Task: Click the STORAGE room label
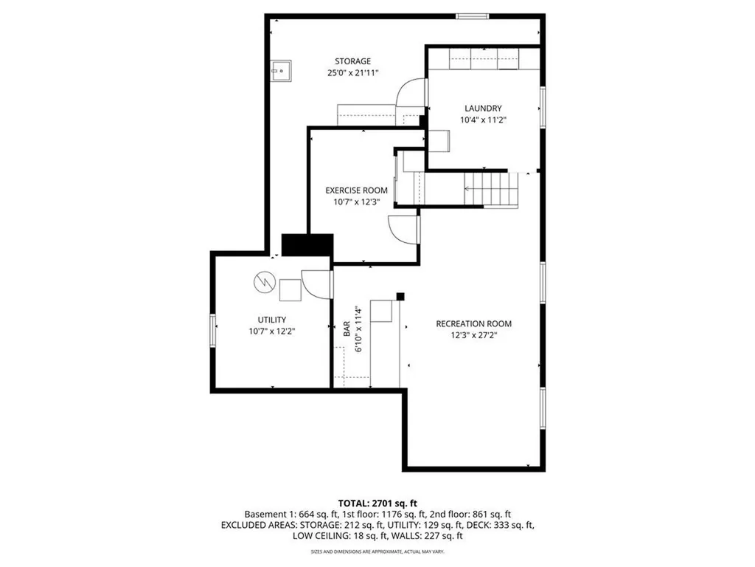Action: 352,61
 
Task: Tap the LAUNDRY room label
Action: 483,108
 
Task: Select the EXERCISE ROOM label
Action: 356,190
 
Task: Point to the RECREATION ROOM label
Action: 473,323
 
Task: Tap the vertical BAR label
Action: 346,330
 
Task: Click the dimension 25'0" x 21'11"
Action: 352,73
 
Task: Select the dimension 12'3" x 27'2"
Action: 473,335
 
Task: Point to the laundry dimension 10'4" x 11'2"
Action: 483,120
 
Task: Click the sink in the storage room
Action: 281,70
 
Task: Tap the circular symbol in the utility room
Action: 263,281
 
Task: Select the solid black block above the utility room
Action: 308,245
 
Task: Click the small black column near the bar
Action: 400,297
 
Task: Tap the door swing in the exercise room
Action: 404,230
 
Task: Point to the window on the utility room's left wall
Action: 213,329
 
